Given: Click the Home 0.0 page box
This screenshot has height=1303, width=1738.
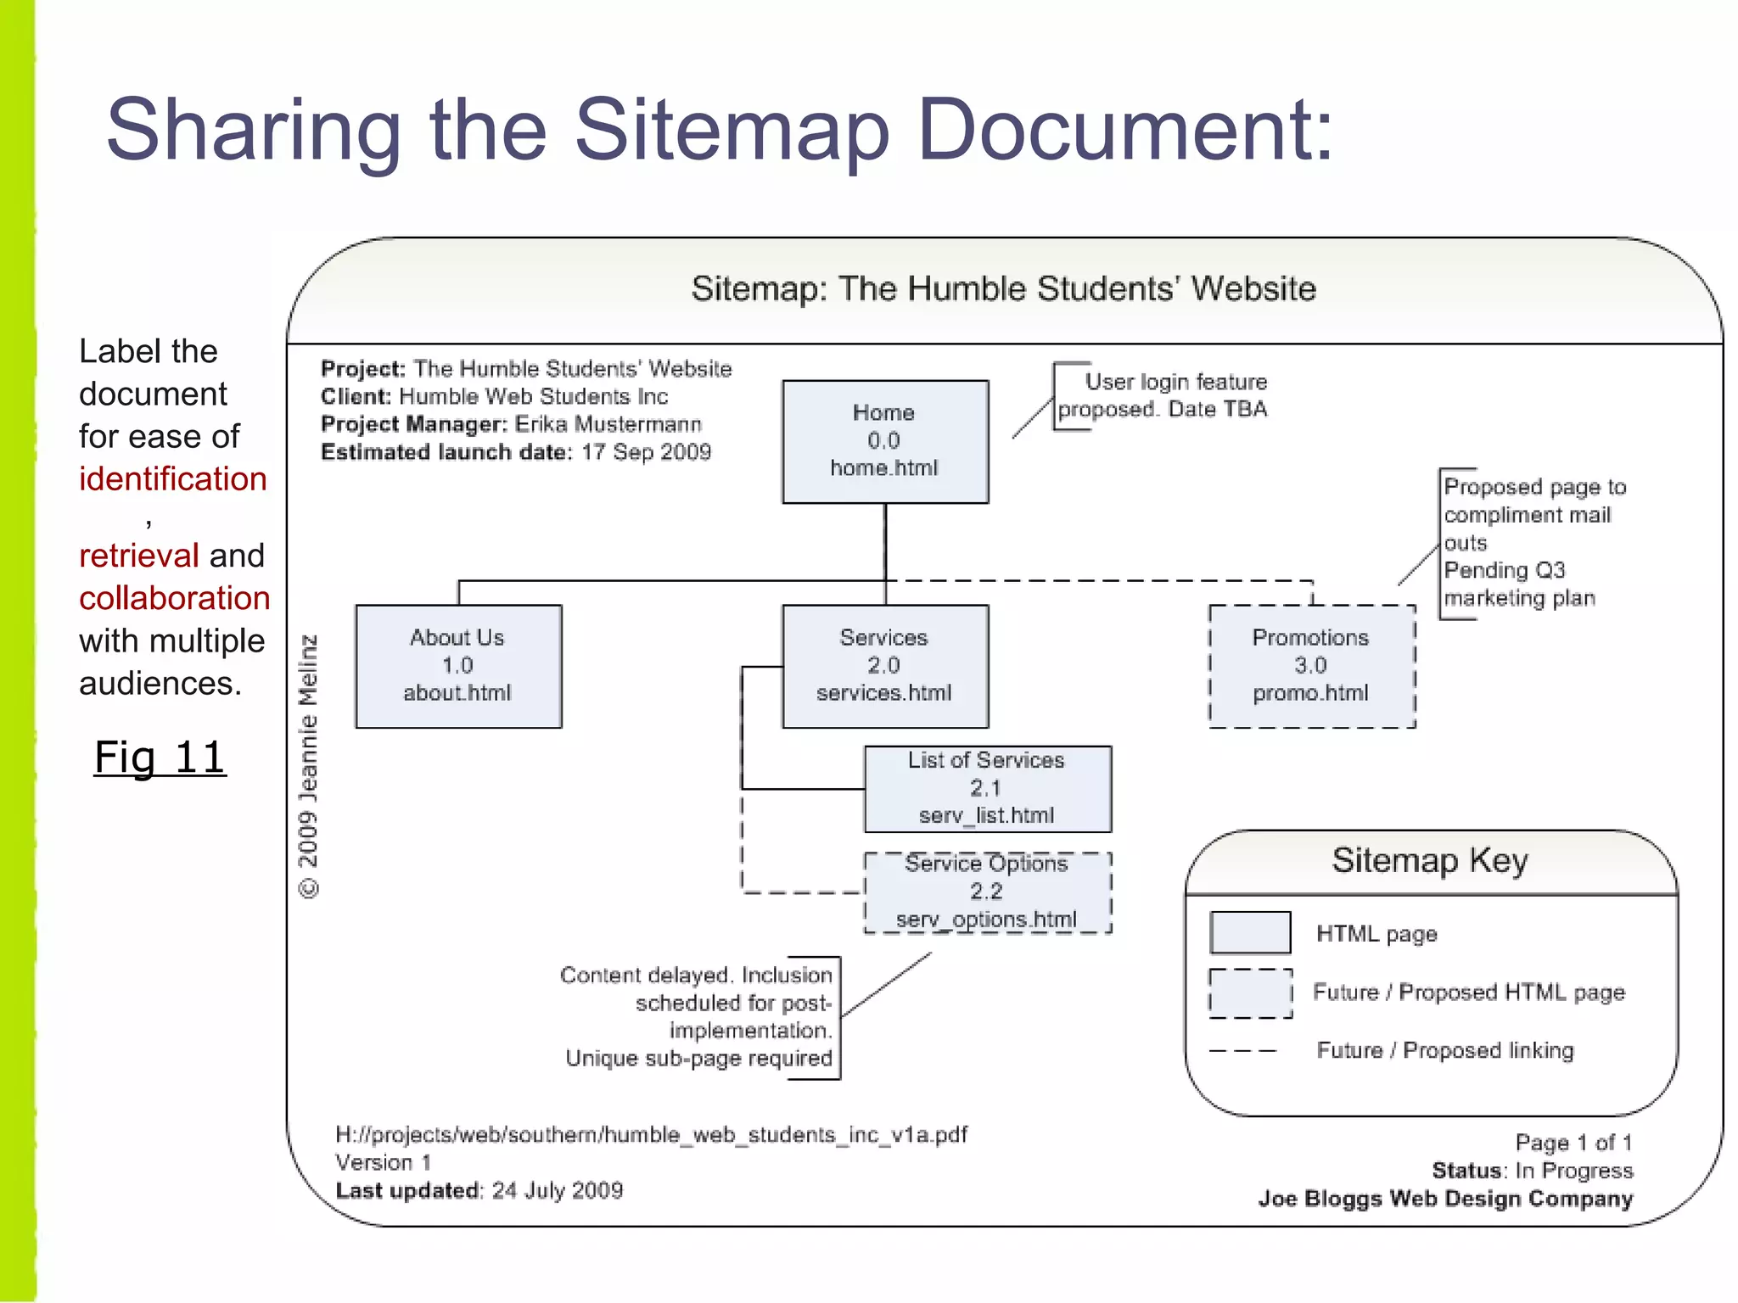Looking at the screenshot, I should tap(885, 441).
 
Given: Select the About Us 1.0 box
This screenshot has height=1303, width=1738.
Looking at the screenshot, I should tap(458, 666).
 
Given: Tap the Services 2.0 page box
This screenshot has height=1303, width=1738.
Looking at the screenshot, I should tap(885, 666).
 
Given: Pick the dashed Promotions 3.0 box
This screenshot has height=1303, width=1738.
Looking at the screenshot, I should tap(1312, 666).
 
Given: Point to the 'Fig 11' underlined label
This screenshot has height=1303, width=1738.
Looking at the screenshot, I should tap(160, 758).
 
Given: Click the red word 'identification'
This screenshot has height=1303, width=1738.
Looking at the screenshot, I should tap(173, 479).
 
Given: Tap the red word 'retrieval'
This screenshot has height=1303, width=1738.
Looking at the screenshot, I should tap(139, 556).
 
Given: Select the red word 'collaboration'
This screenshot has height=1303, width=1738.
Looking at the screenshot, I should tap(175, 598).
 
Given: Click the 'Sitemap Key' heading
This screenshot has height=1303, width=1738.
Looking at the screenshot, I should tap(1430, 861).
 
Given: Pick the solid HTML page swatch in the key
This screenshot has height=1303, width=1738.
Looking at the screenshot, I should tap(1250, 933).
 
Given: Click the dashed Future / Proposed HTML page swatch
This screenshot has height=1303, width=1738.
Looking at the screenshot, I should tap(1250, 993).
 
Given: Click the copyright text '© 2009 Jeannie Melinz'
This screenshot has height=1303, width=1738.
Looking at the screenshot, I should tap(309, 766).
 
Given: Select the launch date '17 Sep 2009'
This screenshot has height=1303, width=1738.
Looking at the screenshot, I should tap(646, 452).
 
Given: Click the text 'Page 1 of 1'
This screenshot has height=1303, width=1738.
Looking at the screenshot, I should tap(1573, 1143).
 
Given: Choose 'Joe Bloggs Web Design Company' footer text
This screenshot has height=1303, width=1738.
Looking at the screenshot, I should tap(1445, 1199).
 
